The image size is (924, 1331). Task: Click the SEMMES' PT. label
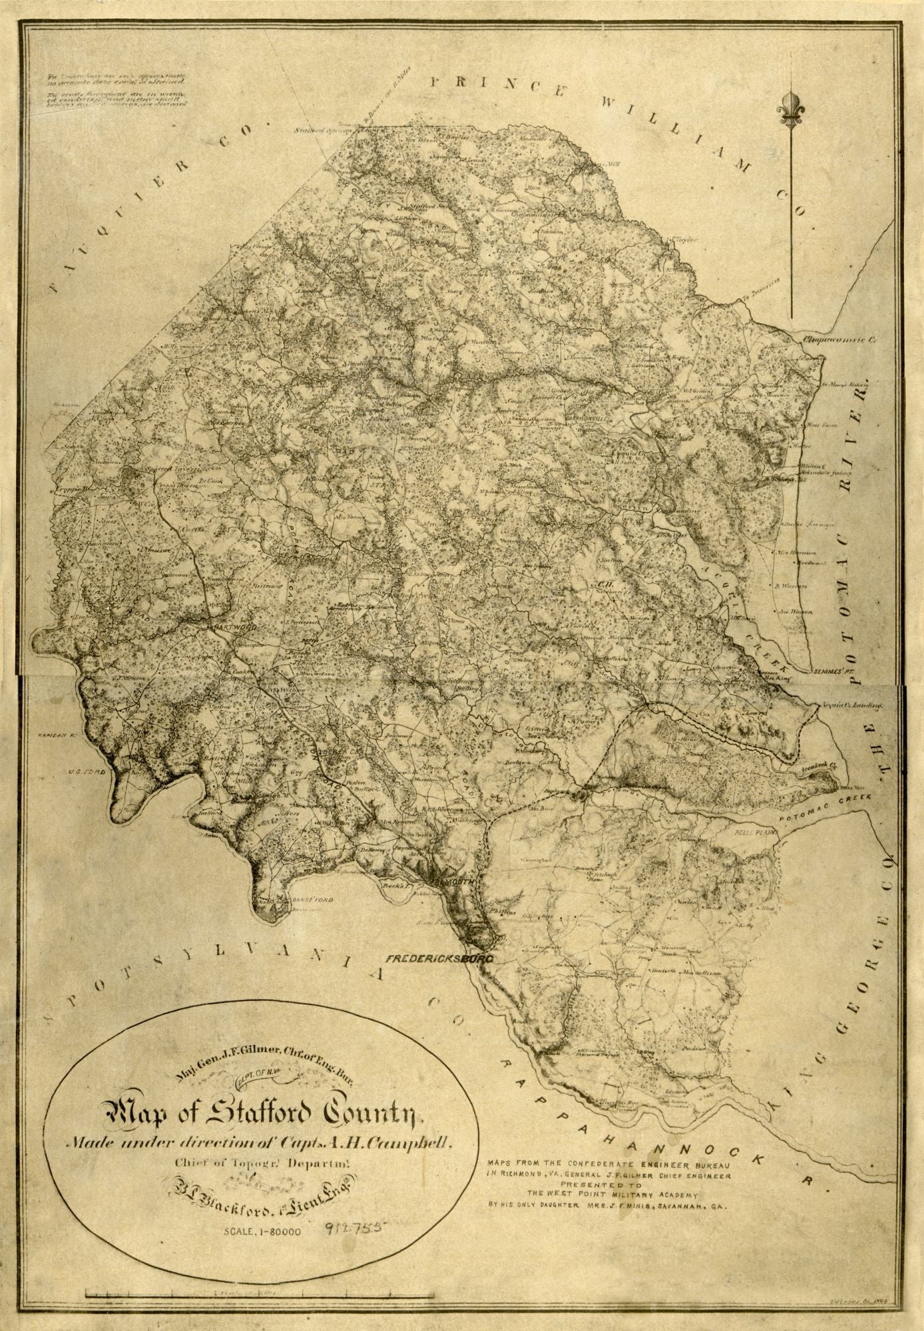pyautogui.click(x=832, y=672)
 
